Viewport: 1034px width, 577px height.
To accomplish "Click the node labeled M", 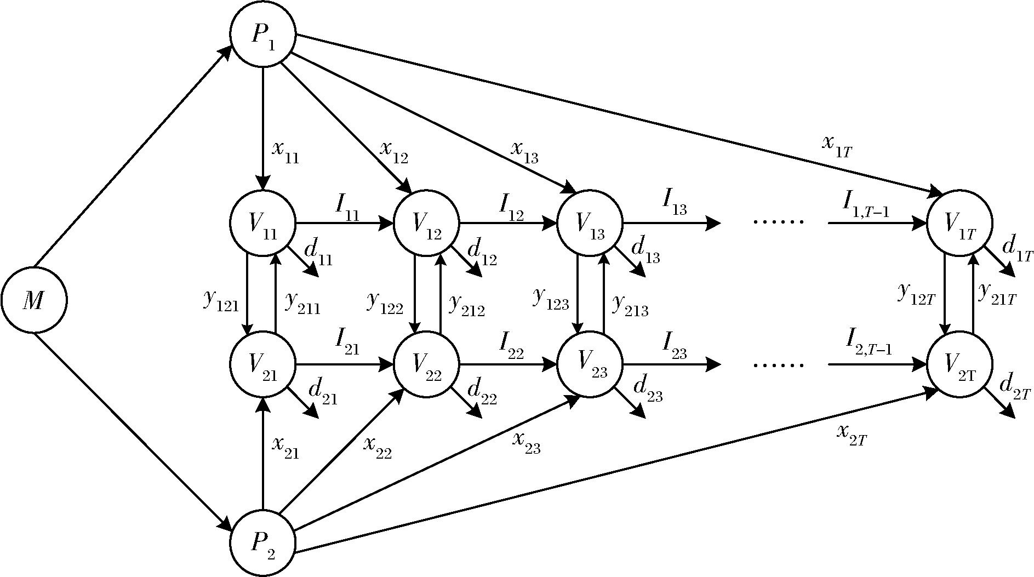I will point(34,300).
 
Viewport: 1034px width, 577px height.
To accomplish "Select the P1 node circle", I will point(263,35).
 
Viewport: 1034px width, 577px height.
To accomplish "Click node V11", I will point(263,223).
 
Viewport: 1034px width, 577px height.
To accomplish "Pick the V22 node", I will point(427,364).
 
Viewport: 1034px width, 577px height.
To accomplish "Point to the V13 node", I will point(590,223).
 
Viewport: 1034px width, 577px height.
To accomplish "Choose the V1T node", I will point(959,223).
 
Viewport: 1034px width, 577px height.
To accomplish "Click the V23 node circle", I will point(590,364).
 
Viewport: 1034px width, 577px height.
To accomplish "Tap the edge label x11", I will point(285,152).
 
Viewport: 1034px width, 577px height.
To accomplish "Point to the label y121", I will point(221,300).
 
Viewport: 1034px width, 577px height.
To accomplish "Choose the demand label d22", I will point(482,392).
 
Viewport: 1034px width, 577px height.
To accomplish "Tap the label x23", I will point(526,442).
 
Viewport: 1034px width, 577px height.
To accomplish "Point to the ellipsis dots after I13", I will point(779,222).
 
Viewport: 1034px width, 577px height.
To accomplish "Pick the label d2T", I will point(1015,387).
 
